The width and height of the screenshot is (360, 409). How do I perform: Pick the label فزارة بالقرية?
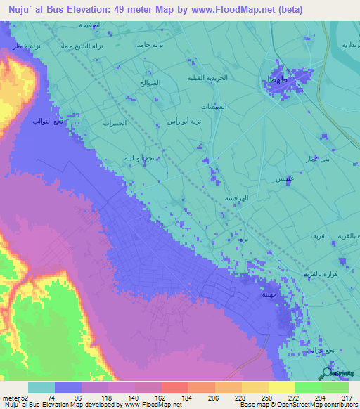[321, 273]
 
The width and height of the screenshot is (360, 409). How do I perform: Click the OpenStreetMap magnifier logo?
[328, 373]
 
